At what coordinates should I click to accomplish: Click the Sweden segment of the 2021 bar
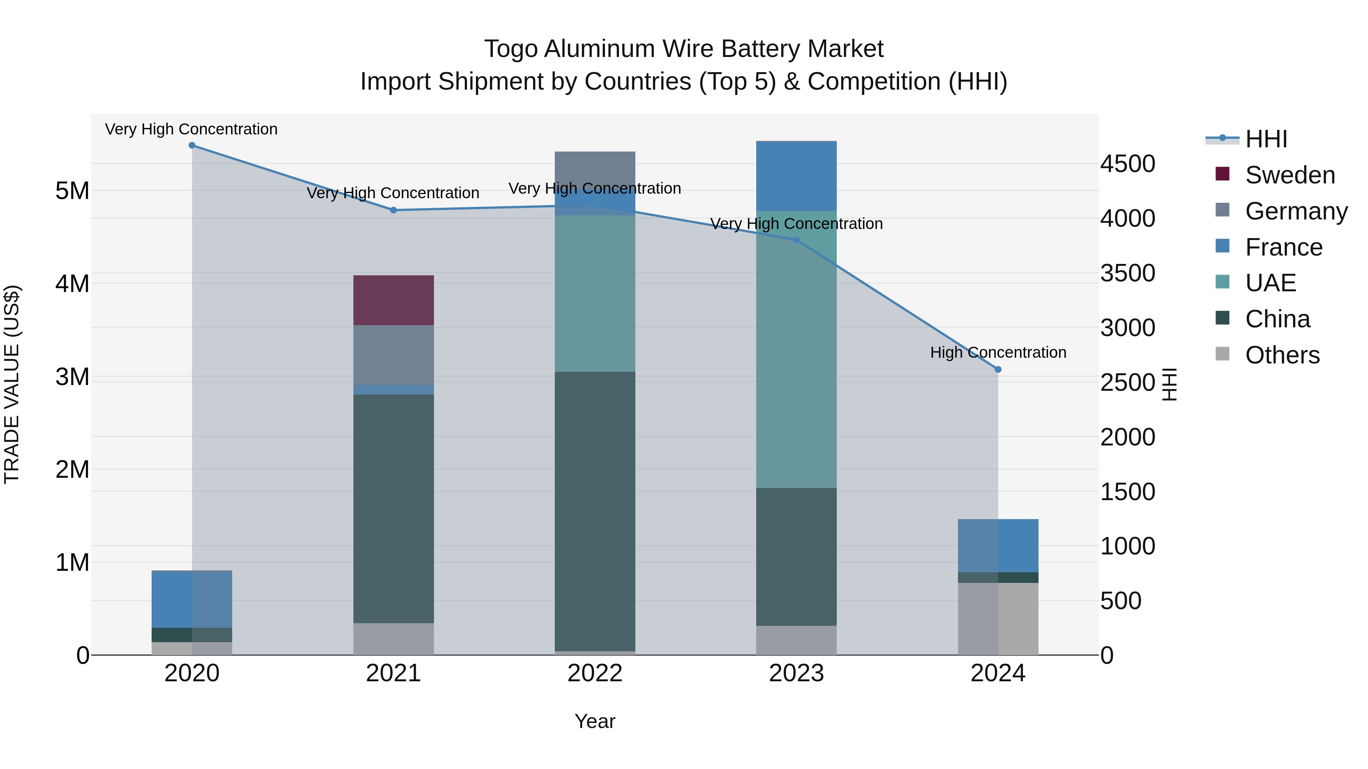(x=394, y=300)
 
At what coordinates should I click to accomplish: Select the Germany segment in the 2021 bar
(x=394, y=355)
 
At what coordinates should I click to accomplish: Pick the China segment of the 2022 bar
(x=595, y=511)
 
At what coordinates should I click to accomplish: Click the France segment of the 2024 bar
(x=998, y=546)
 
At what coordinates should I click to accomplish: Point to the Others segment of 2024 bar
(x=998, y=618)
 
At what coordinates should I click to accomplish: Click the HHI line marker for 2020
(x=192, y=145)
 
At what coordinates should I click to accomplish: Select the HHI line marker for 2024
(x=998, y=369)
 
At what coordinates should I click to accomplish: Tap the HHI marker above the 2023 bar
(x=796, y=240)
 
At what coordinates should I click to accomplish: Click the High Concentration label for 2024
(x=998, y=352)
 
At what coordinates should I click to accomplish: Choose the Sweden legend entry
(x=1289, y=175)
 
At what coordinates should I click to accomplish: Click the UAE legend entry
(x=1270, y=283)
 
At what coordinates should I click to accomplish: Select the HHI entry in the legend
(x=1266, y=139)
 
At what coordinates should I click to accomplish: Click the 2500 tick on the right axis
(x=1127, y=383)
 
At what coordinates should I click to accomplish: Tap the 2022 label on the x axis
(x=595, y=673)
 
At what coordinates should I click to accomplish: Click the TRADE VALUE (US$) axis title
(x=12, y=384)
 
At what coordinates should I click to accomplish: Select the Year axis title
(x=595, y=721)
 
